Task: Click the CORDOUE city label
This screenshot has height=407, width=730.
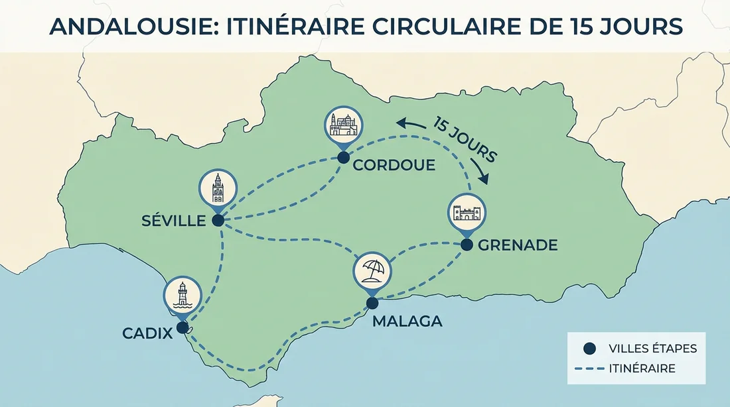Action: click(394, 164)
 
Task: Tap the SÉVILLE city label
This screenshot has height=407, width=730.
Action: click(174, 221)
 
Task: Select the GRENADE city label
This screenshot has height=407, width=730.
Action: click(518, 245)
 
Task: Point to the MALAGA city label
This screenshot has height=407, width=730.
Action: click(407, 321)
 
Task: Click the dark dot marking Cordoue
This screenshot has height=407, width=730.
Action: click(343, 158)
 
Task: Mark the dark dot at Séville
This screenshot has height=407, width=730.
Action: click(218, 221)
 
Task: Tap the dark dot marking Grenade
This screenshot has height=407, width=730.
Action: click(467, 245)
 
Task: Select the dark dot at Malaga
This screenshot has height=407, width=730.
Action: click(372, 303)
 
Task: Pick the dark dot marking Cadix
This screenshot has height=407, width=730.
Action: click(182, 327)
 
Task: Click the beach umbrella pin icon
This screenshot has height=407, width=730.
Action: click(372, 271)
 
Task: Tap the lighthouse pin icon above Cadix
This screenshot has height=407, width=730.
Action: click(183, 295)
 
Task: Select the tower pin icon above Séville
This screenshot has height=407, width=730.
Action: click(217, 189)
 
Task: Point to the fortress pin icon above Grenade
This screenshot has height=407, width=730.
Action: click(467, 212)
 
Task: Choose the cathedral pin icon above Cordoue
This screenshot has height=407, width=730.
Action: click(343, 125)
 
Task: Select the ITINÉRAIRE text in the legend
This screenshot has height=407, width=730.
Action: click(641, 369)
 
